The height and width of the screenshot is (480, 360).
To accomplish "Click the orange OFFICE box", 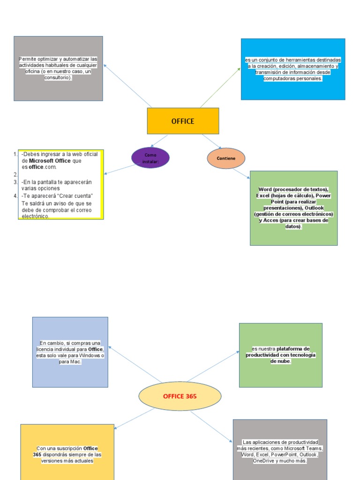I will [x=183, y=121].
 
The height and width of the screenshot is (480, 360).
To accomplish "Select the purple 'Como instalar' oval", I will [x=150, y=158].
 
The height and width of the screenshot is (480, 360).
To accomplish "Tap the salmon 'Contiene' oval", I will [x=226, y=158].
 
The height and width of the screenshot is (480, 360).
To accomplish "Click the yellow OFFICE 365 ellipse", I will [x=180, y=396].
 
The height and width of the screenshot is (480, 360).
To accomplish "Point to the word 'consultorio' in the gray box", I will [x=58, y=78].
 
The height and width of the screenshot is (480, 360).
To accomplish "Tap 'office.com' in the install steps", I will [x=42, y=167].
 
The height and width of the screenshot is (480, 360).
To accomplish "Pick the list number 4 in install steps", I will [x=15, y=195].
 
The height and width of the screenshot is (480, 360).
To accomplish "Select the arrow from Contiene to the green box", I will [x=242, y=173].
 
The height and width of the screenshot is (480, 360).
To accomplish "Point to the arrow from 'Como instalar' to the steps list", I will [x=120, y=169].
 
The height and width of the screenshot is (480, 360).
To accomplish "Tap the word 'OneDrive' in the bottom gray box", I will [x=264, y=461].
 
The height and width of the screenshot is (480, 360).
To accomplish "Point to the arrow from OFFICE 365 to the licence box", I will [x=135, y=365].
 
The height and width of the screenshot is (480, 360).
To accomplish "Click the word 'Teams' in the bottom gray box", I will [x=312, y=448].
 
